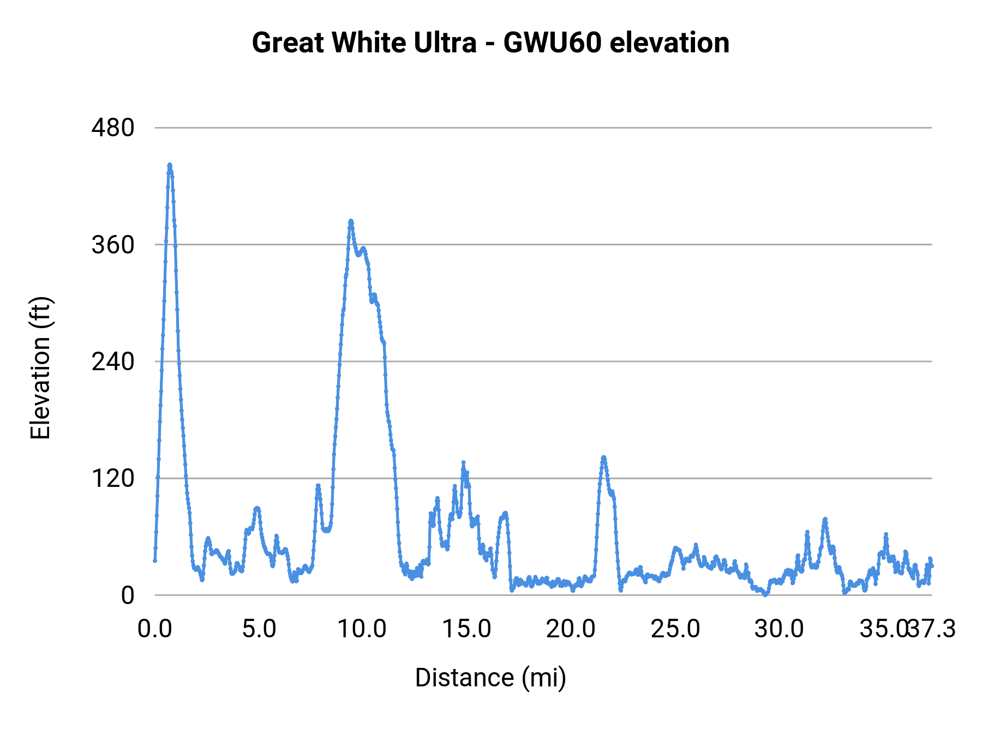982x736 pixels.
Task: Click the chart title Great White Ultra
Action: tap(364, 43)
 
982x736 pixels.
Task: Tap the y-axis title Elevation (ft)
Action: tap(40, 368)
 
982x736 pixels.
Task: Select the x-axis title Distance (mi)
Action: tap(490, 678)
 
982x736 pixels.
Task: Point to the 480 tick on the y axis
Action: tap(113, 128)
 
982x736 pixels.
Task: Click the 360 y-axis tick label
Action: tap(113, 245)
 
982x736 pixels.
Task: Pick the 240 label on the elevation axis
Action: tap(113, 361)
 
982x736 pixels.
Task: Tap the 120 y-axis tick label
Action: tap(113, 478)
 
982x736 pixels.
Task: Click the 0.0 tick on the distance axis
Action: tap(154, 629)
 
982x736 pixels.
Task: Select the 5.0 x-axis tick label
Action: tap(259, 629)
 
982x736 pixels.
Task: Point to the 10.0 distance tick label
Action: tap(362, 629)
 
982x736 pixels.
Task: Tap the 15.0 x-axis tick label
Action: tap(466, 629)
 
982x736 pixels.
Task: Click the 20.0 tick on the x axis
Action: tap(571, 629)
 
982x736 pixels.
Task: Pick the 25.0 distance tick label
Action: tap(675, 629)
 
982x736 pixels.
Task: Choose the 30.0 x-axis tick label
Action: tap(779, 629)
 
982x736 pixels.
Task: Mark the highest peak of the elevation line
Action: tap(170, 165)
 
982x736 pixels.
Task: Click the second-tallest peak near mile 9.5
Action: tap(351, 221)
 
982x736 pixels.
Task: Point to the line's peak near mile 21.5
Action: tap(603, 457)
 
